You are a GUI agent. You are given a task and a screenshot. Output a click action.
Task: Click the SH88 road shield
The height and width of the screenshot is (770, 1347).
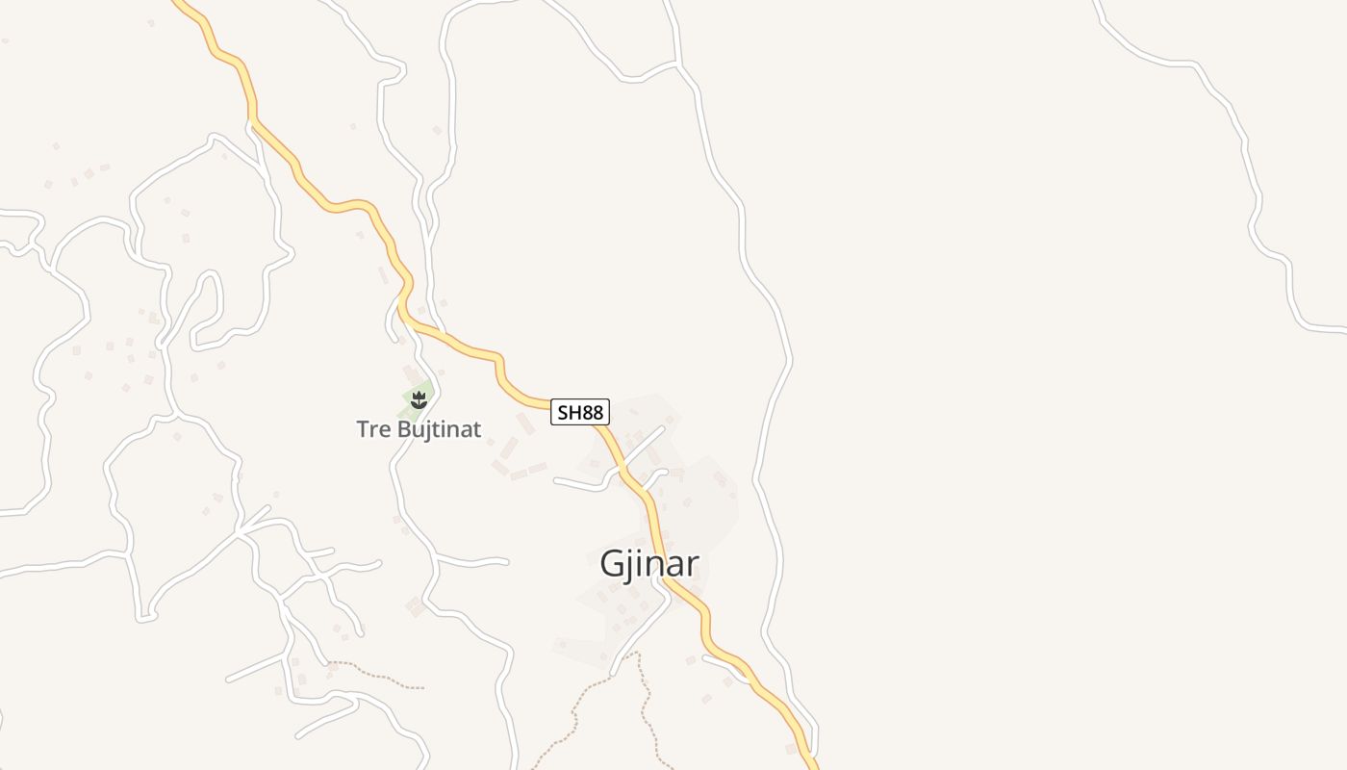(580, 413)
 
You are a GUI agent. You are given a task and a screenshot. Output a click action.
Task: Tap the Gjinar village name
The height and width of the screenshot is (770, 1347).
(648, 564)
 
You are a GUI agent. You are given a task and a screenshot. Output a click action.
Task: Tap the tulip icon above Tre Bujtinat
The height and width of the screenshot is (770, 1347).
(419, 398)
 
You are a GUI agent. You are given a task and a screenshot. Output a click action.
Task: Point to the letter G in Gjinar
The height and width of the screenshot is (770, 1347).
(613, 564)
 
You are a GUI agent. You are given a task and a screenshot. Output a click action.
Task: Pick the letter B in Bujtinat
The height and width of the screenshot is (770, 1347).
(402, 429)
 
